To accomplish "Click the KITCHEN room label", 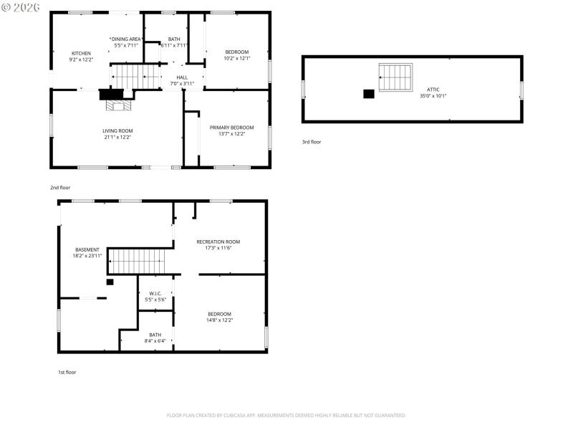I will pyautogui.click(x=81, y=53).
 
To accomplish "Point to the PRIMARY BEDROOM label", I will pyautogui.click(x=231, y=128).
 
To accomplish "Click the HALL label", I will pyautogui.click(x=182, y=77).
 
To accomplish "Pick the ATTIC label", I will pyautogui.click(x=433, y=90).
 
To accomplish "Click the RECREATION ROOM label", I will pyautogui.click(x=218, y=242).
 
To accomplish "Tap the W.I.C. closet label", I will pyautogui.click(x=155, y=293).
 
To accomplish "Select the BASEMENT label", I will pyautogui.click(x=87, y=249).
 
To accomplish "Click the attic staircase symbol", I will pyautogui.click(x=396, y=76).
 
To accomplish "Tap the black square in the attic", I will pyautogui.click(x=369, y=93).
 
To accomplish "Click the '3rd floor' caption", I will pyautogui.click(x=312, y=142).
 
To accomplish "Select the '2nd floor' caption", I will pyautogui.click(x=60, y=187).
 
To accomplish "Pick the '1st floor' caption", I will pyautogui.click(x=67, y=372).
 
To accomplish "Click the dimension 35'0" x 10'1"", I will pyautogui.click(x=433, y=96).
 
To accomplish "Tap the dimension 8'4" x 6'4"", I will pyautogui.click(x=155, y=341).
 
